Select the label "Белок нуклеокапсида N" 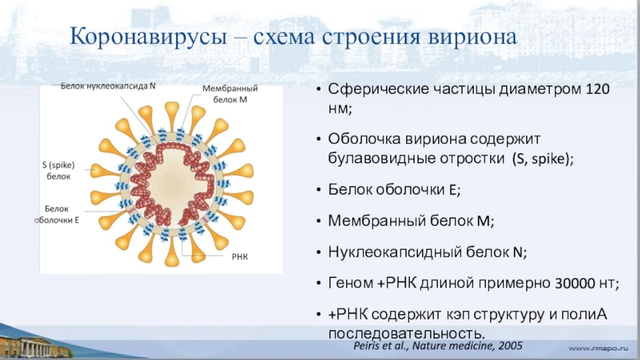pyautogui.click(x=109, y=85)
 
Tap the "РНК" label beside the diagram pyautogui.click(x=239, y=258)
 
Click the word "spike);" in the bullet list pyautogui.click(x=551, y=158)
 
